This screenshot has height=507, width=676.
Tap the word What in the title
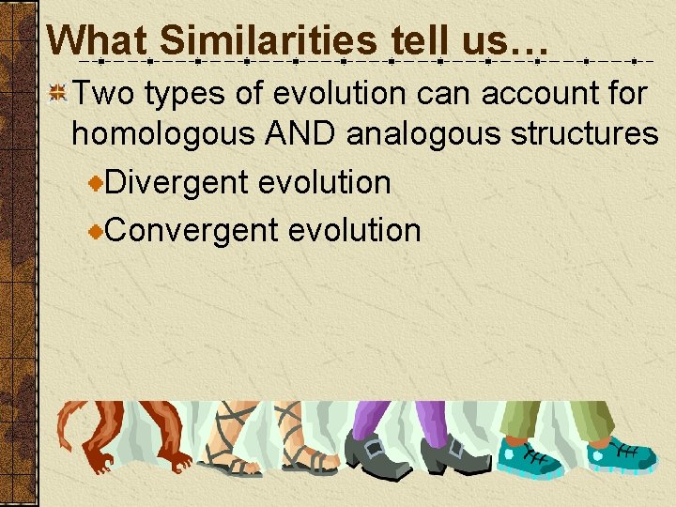[x=99, y=40]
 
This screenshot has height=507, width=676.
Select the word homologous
[x=163, y=133]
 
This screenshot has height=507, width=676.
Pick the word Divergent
[x=177, y=181]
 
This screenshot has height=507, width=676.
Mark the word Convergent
[x=192, y=229]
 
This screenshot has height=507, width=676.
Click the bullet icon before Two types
[x=58, y=93]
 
